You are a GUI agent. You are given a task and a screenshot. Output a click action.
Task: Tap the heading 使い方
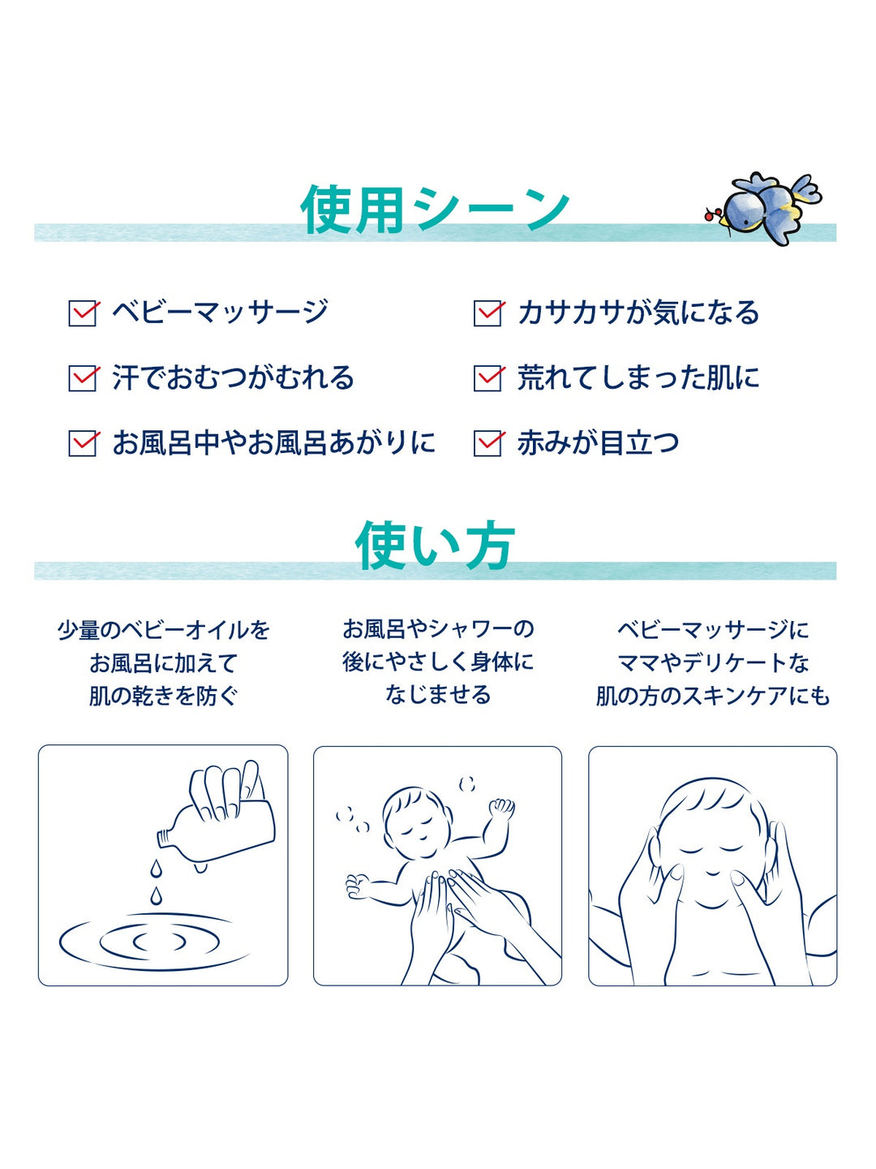tap(435, 545)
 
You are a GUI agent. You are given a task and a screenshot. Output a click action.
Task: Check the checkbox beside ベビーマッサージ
tap(83, 313)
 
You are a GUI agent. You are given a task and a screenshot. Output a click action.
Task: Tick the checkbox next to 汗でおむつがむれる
tap(83, 378)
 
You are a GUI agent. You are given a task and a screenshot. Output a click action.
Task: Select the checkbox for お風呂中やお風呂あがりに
tap(83, 443)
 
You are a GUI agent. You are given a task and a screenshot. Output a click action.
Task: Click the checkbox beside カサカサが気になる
tap(487, 313)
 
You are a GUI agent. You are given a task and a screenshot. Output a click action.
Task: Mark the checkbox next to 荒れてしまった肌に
tap(487, 378)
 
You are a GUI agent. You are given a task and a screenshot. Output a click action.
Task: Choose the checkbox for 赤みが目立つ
tap(487, 443)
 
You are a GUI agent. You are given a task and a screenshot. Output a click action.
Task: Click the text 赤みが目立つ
tap(598, 443)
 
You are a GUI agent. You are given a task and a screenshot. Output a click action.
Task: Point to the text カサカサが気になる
tap(638, 313)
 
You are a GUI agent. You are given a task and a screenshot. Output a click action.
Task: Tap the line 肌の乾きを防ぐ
tap(163, 696)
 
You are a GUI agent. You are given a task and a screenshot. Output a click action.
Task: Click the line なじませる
tap(438, 695)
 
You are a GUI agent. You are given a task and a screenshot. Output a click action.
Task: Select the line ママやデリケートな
tap(713, 663)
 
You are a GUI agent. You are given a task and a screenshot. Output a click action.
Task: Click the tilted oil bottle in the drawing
tap(217, 822)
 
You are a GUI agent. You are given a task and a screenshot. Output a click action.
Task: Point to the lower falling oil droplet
tap(155, 895)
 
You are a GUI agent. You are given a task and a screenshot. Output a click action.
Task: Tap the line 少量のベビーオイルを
tap(163, 631)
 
